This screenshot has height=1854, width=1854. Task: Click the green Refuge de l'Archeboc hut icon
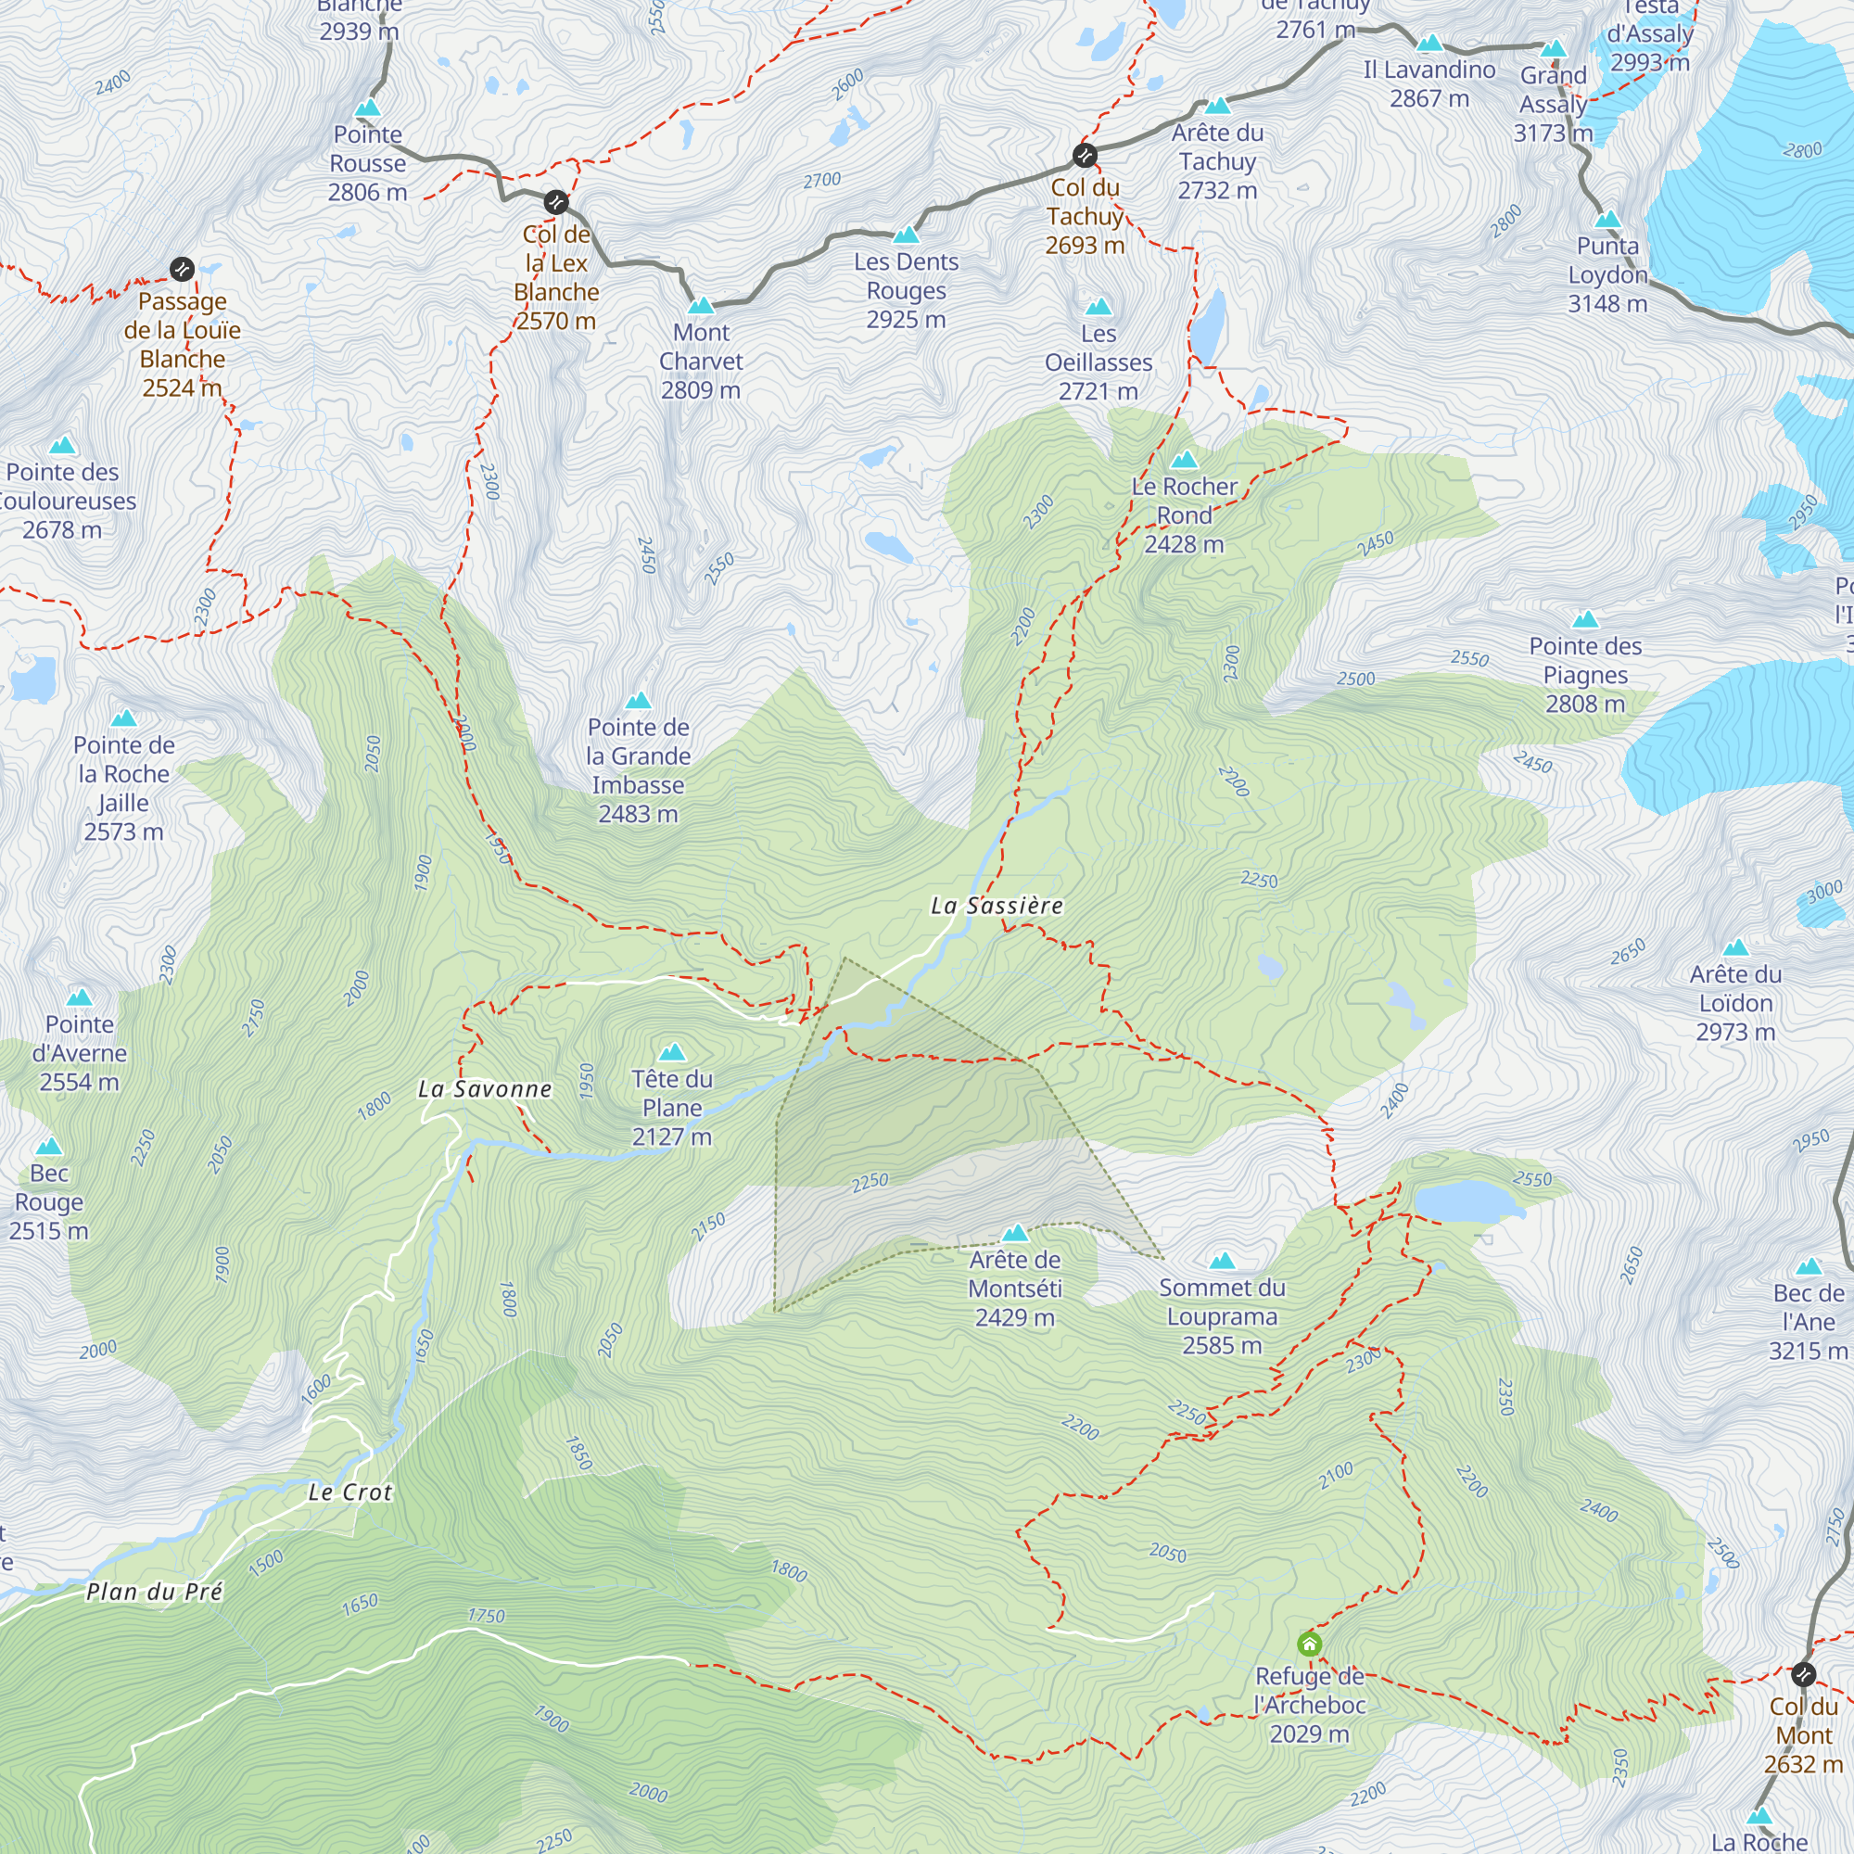click(1309, 1644)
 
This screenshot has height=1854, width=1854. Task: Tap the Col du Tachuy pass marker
click(1085, 156)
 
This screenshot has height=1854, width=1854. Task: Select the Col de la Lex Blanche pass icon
click(555, 202)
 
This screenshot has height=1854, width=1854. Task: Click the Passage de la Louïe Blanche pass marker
click(183, 270)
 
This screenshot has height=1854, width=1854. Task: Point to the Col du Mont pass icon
click(1803, 1674)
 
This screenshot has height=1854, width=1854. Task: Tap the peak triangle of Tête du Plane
click(673, 1053)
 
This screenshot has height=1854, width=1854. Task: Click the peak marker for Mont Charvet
click(702, 306)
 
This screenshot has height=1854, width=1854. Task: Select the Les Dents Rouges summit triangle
click(906, 235)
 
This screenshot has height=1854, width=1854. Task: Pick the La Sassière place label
click(997, 906)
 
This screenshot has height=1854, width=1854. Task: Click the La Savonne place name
click(486, 1089)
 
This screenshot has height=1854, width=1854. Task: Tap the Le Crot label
click(350, 1492)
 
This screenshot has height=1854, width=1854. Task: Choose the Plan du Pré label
click(155, 1592)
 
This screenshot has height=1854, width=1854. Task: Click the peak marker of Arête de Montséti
click(1014, 1233)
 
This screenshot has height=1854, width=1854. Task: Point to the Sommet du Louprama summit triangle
click(1222, 1261)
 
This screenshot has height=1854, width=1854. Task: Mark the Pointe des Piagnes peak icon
click(1585, 620)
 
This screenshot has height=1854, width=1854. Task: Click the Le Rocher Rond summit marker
click(1184, 460)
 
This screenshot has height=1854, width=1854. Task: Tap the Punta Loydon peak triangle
click(1607, 220)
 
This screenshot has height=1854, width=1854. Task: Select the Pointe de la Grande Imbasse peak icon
click(638, 701)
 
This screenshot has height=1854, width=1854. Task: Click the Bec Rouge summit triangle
click(49, 1147)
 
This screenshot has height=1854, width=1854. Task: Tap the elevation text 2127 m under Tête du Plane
click(672, 1137)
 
